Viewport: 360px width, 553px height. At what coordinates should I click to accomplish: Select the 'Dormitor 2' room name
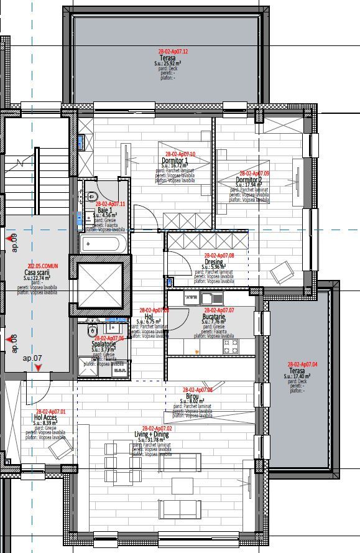click(x=249, y=180)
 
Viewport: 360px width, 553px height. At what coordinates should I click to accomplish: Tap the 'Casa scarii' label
click(x=37, y=272)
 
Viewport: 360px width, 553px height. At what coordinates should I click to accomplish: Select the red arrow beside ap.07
click(x=39, y=368)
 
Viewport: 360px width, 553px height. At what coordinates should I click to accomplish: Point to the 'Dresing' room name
click(x=214, y=262)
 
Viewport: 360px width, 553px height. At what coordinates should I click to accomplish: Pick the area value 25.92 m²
click(x=167, y=63)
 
